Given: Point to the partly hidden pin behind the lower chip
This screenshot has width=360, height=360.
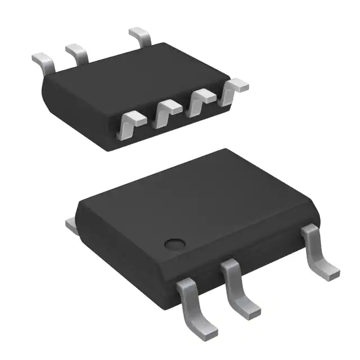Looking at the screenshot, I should click(72, 226).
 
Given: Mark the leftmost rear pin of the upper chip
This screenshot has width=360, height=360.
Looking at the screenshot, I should click(44, 61).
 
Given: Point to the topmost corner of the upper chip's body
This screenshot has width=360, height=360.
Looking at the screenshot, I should click(164, 43).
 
